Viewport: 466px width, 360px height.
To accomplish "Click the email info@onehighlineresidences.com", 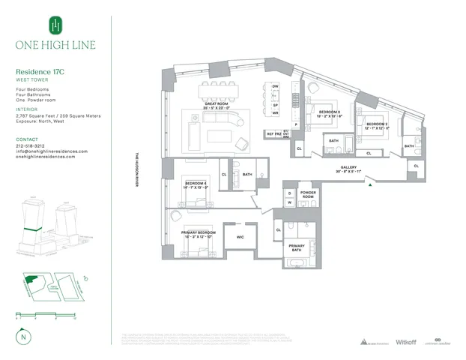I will [x=52, y=151].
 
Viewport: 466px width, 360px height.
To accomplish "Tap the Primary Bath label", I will [x=297, y=248].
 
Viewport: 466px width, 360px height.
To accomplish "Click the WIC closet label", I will [x=240, y=238].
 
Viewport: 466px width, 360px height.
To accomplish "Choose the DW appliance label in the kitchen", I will [x=276, y=87].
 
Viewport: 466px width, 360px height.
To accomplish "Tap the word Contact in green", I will [x=26, y=139].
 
